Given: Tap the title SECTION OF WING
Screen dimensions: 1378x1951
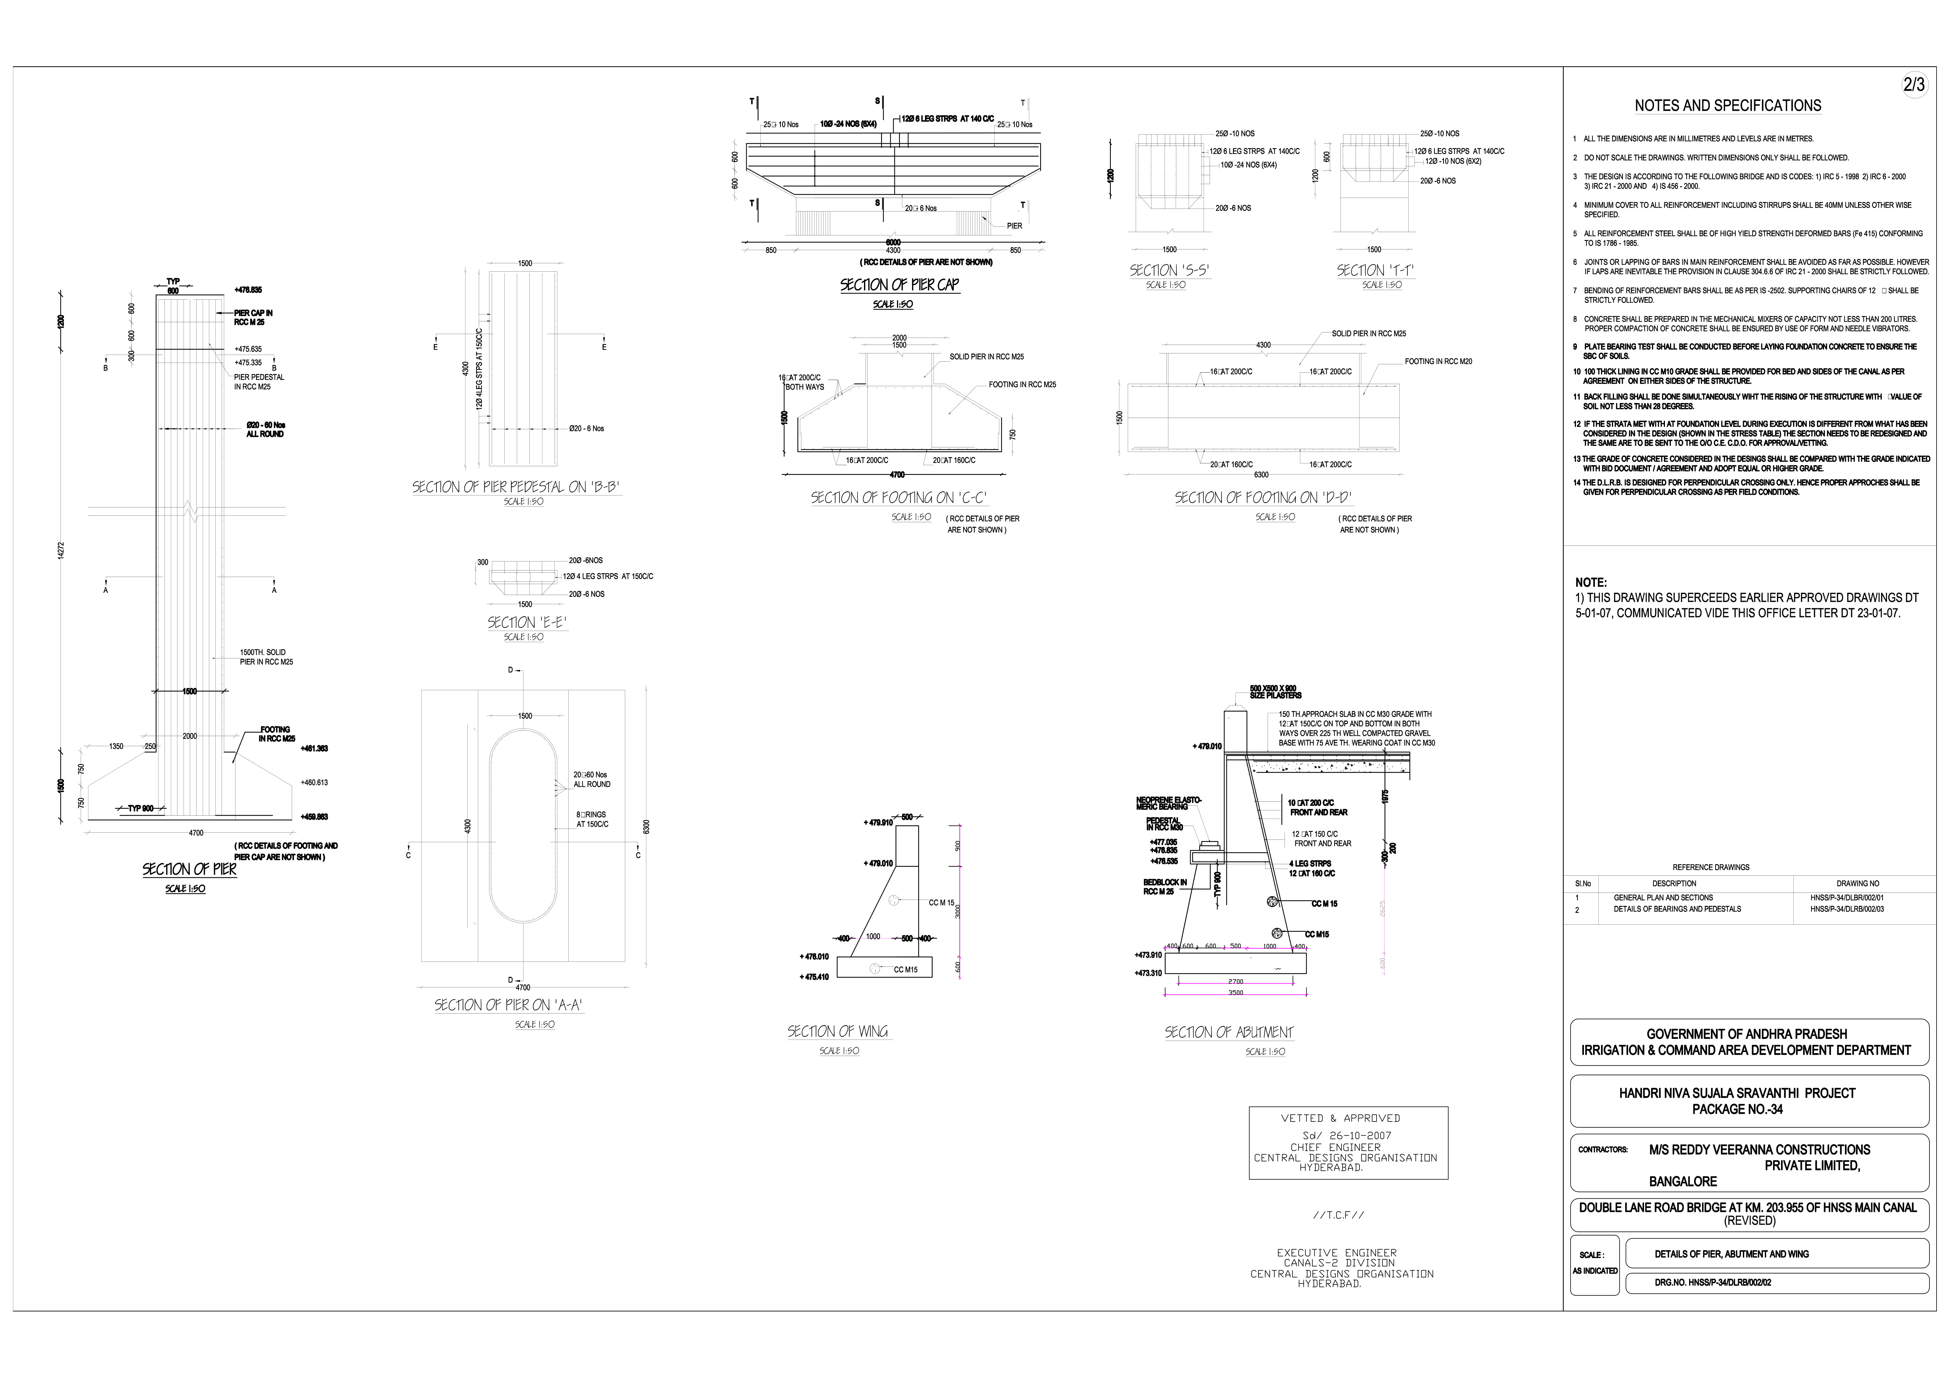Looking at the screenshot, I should [x=838, y=1031].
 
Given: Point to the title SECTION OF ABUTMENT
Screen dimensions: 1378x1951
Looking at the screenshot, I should [x=1229, y=1032].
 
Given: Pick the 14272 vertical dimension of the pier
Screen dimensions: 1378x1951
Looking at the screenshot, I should [x=60, y=551].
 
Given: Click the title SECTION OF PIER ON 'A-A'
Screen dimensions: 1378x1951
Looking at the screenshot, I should [x=508, y=1005].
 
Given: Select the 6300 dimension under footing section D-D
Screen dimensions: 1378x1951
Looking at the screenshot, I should [x=1261, y=475].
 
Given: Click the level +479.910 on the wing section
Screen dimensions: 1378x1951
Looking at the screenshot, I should [x=878, y=822].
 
